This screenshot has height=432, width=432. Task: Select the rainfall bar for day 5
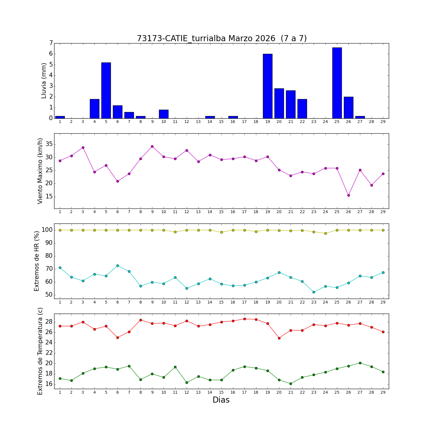(106, 90)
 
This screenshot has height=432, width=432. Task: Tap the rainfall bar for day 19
(268, 86)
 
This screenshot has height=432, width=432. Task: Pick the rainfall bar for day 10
(164, 114)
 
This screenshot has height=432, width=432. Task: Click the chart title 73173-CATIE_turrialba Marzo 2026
(221, 38)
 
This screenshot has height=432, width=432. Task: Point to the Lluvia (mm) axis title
(44, 81)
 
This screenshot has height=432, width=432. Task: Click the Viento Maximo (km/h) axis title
(40, 171)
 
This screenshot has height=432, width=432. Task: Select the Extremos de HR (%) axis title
(37, 261)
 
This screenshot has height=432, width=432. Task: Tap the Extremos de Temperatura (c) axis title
(40, 351)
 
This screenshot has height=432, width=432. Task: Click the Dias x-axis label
(221, 400)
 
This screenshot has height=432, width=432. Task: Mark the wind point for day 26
(348, 195)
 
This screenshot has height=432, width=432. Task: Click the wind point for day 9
(152, 146)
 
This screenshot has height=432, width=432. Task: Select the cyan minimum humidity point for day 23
(314, 292)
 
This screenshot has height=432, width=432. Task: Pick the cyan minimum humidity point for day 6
(118, 266)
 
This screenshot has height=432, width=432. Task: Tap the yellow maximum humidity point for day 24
(325, 233)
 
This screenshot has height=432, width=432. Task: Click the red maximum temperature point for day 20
(279, 338)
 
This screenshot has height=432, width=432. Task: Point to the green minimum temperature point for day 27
(360, 363)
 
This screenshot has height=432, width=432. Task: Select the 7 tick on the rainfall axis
(51, 43)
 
